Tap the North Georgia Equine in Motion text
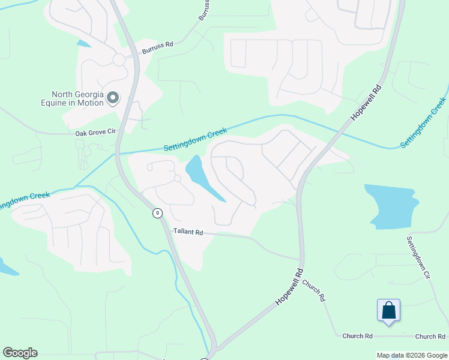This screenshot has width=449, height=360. [77, 98]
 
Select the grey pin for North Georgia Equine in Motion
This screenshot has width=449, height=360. [113, 97]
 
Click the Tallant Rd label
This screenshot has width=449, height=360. [188, 231]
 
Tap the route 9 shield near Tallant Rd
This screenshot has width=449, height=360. [157, 212]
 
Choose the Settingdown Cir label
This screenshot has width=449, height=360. [418, 258]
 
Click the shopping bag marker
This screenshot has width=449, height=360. [389, 311]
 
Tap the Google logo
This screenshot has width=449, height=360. [20, 353]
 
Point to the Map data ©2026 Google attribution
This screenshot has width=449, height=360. [412, 355]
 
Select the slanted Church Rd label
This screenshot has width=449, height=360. [313, 290]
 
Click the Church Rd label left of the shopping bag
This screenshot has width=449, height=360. [358, 337]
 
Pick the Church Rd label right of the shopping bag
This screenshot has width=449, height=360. [430, 337]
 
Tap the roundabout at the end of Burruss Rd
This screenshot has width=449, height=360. [118, 60]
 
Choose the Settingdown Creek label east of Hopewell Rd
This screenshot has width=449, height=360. [423, 123]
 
